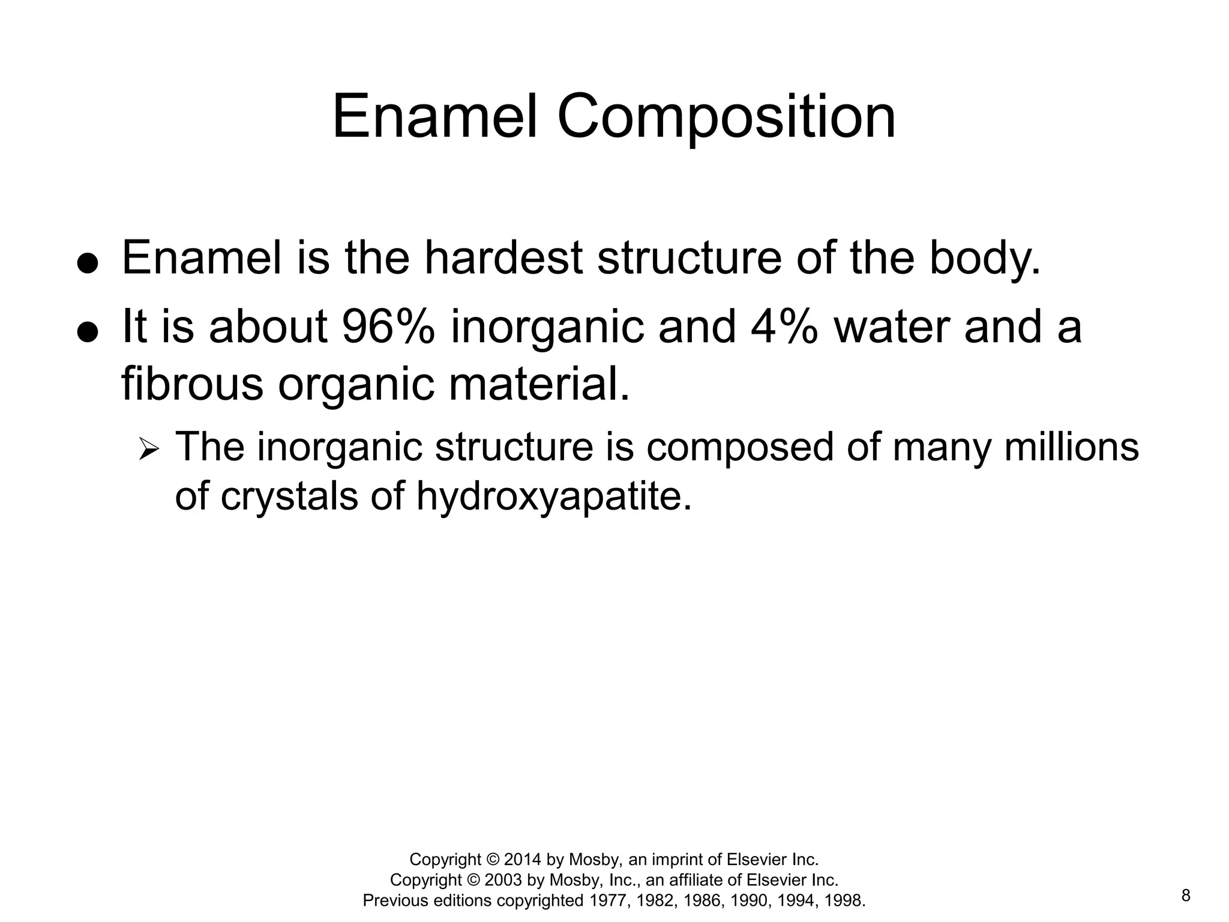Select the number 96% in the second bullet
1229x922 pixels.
388,327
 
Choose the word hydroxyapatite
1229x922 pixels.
553,496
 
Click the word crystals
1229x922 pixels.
289,496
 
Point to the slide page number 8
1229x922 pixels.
1186,896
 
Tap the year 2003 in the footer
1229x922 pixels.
503,880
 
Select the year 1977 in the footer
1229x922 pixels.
607,900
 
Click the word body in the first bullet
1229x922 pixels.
984,258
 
